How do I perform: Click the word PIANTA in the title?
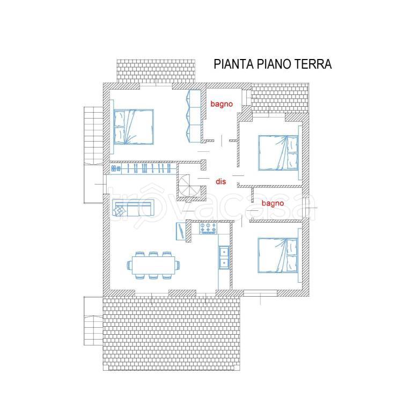(233, 64)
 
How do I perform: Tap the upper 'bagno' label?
(222, 104)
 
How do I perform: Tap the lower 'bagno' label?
(273, 203)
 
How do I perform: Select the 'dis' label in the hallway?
(221, 181)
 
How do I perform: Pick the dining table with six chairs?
(153, 265)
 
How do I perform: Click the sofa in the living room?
(133, 208)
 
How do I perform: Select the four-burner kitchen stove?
(208, 229)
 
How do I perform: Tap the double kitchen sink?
(224, 257)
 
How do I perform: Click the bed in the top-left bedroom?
(134, 127)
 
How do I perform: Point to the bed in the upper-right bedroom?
(278, 153)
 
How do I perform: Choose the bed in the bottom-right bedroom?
(278, 255)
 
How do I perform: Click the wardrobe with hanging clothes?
(143, 168)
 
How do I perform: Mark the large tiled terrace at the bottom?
(171, 333)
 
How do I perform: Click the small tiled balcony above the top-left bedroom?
(156, 71)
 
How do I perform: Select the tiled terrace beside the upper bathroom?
(280, 98)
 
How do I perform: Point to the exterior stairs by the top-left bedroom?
(93, 136)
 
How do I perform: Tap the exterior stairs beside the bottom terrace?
(93, 321)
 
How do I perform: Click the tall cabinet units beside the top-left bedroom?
(194, 116)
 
